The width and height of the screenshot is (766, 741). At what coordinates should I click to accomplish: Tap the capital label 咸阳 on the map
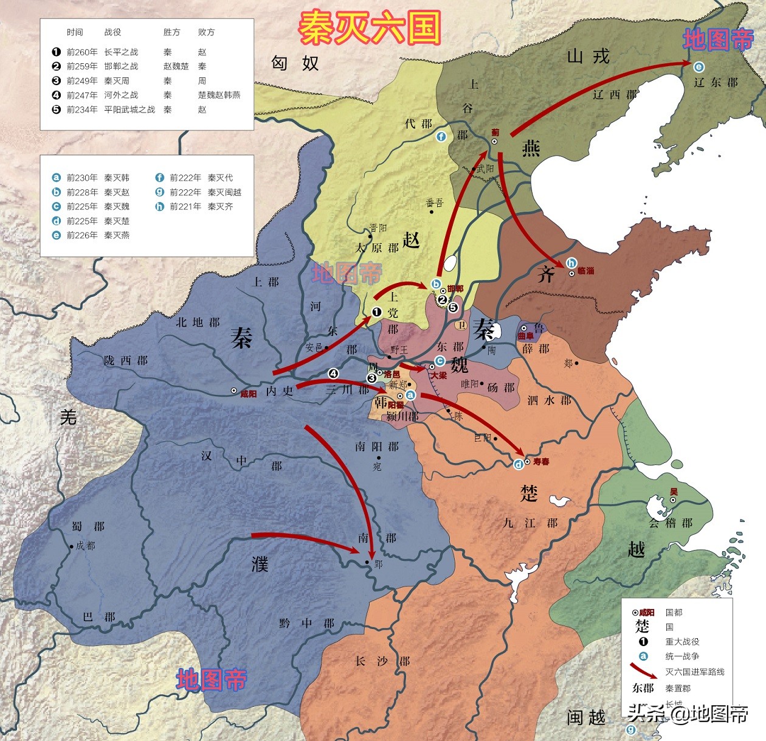click(x=248, y=394)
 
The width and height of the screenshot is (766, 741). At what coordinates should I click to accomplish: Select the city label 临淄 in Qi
click(x=585, y=271)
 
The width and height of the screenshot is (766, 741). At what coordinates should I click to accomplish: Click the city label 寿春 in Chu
click(x=540, y=462)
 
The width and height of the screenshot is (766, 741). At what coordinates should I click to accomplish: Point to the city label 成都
click(x=85, y=546)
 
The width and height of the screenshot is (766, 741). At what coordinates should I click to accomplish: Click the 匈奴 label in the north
click(x=295, y=63)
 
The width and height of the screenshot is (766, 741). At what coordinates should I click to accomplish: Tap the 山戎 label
click(x=588, y=57)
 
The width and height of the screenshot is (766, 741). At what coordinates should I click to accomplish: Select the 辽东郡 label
click(x=716, y=82)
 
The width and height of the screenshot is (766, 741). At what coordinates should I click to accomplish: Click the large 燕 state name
click(x=531, y=148)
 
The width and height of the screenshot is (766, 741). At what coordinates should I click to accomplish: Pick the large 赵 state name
click(x=411, y=240)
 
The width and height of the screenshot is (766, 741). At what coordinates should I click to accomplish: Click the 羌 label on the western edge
click(x=68, y=417)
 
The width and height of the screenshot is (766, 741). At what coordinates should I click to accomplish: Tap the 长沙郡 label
click(x=382, y=661)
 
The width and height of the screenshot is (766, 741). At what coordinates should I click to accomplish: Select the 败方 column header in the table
click(x=206, y=32)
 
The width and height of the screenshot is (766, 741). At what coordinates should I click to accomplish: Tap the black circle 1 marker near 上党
click(x=376, y=312)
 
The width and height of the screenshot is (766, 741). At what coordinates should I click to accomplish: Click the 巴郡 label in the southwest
click(x=98, y=617)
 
